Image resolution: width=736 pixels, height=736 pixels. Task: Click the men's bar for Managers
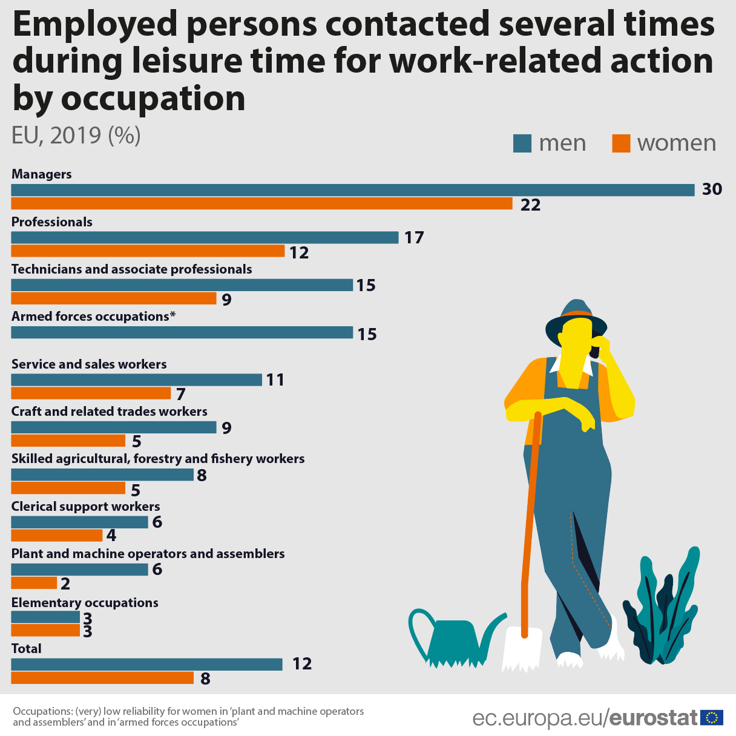(353, 190)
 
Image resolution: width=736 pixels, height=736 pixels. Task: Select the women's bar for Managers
(261, 204)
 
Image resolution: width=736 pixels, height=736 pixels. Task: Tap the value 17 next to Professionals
(414, 237)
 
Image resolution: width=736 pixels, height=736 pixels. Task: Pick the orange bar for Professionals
(148, 251)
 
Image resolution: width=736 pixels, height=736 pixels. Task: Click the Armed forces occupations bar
(182, 332)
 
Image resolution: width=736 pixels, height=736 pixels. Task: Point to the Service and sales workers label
(89, 364)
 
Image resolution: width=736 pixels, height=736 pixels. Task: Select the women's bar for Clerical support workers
(57, 536)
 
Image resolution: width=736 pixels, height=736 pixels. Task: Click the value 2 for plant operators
(65, 584)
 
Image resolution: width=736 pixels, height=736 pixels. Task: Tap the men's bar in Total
(146, 664)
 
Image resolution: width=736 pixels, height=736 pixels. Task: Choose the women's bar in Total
(102, 678)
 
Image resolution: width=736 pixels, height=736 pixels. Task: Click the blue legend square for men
(522, 143)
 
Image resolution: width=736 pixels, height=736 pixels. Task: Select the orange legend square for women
(621, 143)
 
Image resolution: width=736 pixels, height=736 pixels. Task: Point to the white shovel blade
(522, 650)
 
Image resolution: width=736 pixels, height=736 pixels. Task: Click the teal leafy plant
(663, 611)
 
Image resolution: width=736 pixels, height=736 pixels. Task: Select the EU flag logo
(712, 718)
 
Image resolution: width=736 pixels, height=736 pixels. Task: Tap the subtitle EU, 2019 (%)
(76, 135)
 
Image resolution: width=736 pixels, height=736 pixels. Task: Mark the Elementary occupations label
(85, 603)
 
